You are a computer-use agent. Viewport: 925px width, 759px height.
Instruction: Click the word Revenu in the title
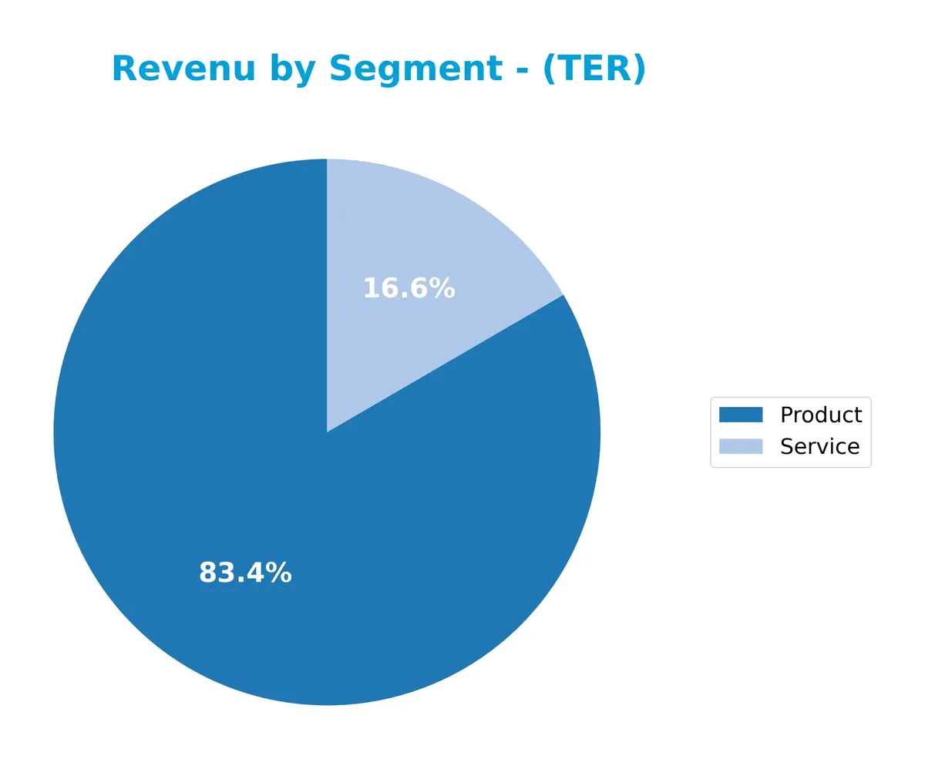pos(183,69)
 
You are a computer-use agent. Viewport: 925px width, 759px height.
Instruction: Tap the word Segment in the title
pos(416,69)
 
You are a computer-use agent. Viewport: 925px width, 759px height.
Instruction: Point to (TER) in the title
pos(594,69)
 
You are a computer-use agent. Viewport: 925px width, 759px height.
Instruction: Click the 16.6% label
pos(409,289)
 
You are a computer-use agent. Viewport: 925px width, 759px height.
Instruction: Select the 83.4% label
pos(245,573)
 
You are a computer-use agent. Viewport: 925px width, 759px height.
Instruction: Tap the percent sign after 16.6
pos(442,289)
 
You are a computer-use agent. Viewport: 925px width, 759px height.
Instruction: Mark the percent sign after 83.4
pos(278,573)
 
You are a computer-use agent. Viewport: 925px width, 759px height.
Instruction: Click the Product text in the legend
pos(820,415)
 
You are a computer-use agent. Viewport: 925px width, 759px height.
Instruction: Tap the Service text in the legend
pos(819,447)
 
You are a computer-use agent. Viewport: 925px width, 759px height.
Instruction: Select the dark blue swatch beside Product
pos(740,415)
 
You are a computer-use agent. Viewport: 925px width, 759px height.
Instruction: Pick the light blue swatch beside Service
pos(740,447)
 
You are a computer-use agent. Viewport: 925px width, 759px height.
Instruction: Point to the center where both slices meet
pos(327,432)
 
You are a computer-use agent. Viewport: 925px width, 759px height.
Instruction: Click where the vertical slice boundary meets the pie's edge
pos(327,160)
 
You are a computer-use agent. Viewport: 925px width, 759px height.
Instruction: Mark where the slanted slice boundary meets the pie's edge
pos(563,295)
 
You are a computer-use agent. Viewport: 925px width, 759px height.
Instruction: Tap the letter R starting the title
pos(124,69)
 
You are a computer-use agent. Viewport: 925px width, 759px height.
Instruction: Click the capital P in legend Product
pos(787,415)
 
